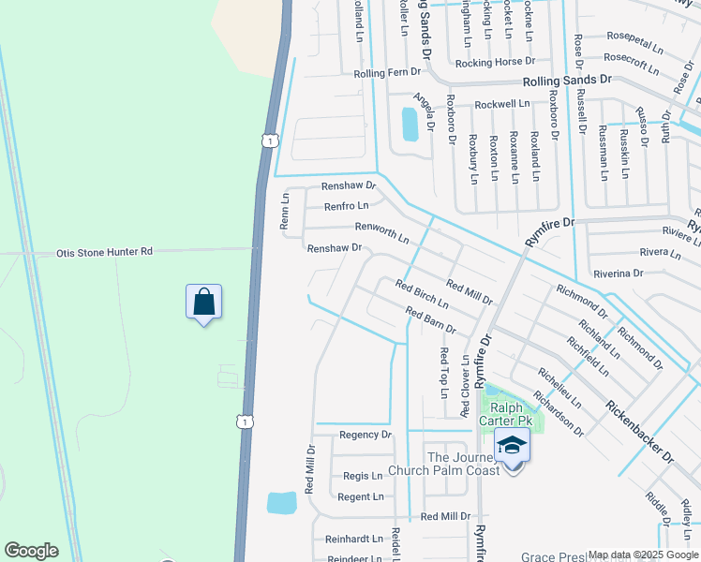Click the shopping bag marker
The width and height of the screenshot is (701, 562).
(203, 303)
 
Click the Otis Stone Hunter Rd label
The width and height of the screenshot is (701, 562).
(105, 252)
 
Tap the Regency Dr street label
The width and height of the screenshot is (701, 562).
(365, 435)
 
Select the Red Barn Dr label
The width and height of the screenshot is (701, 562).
(430, 320)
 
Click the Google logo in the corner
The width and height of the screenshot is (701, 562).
(31, 551)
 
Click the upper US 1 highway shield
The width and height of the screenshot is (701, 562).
(270, 140)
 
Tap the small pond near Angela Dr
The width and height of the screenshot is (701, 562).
(410, 124)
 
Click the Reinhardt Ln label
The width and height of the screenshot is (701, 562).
(354, 539)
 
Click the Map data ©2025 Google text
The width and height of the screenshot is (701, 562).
(643, 555)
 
